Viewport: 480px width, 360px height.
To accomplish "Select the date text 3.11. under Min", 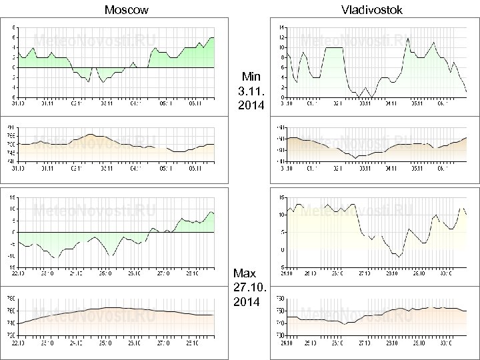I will [x=251, y=90].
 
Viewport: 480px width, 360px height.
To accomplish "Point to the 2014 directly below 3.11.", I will [x=251, y=105].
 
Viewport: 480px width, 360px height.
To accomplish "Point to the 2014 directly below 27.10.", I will [x=246, y=302].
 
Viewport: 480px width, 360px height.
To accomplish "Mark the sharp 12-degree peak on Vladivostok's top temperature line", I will [x=407, y=38].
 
